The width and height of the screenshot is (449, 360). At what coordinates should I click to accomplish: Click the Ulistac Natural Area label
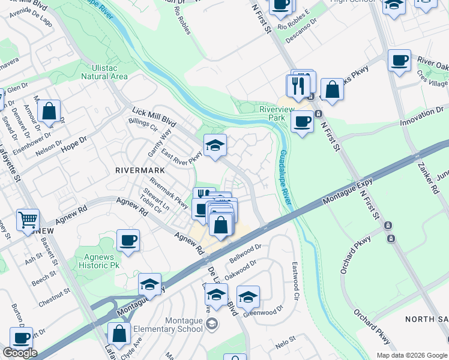coord(104,72)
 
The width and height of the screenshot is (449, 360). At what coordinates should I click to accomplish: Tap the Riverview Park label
coord(276,113)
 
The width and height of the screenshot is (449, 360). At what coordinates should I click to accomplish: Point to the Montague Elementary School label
coord(167,325)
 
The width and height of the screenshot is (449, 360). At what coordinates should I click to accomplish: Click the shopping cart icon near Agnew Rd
coord(28,220)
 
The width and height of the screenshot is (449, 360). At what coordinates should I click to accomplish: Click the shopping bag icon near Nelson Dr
coord(49,111)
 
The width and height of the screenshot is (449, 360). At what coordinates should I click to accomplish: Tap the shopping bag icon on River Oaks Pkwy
coord(332,90)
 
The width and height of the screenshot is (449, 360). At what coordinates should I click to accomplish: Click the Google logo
coord(20,353)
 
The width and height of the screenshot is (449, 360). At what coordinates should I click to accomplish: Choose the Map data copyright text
coord(412,355)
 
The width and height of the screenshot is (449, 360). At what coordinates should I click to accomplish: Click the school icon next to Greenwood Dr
coord(248,296)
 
